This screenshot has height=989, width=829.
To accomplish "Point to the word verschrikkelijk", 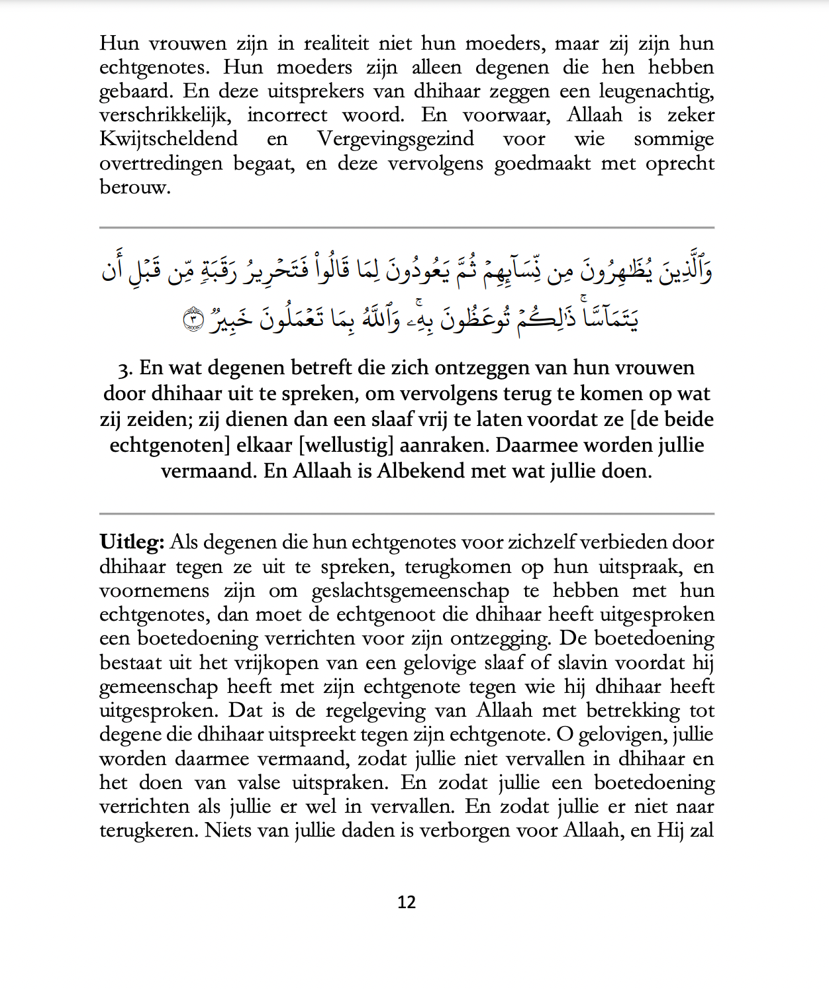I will point(166,116).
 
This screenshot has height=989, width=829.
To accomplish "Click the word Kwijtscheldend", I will point(168,139).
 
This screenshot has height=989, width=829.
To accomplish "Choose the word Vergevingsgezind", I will point(395,139).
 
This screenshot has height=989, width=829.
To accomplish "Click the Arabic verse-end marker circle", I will point(193,319).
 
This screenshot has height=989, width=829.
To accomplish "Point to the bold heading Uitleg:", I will point(132,543).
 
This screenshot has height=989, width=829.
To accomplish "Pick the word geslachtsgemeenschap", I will point(411,591).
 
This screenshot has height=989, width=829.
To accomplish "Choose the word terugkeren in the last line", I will point(148,831).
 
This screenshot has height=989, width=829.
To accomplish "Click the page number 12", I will point(407,902).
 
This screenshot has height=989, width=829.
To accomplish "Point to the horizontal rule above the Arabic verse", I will point(407,227).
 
